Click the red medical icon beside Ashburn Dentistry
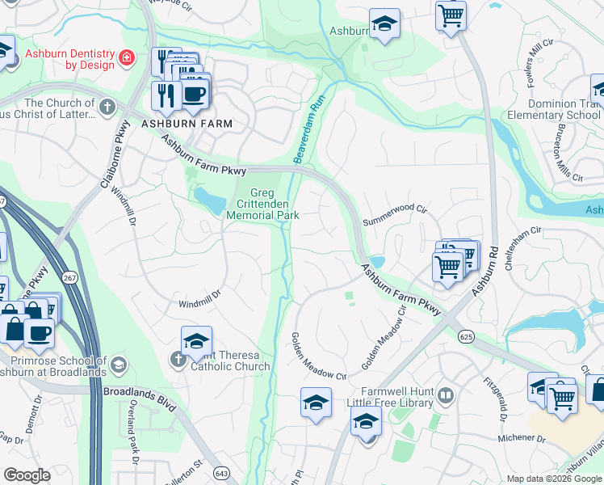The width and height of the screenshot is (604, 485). click(x=127, y=58)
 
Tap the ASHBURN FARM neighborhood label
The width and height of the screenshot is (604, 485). click(x=187, y=124)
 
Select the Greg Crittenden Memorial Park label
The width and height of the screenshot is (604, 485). click(x=262, y=204)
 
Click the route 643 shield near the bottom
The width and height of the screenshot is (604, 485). click(x=220, y=471)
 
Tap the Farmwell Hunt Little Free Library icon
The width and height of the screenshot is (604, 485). click(x=446, y=395)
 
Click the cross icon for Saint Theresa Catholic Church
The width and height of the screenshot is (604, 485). click(x=178, y=358)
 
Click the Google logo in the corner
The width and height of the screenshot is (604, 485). click(x=27, y=475)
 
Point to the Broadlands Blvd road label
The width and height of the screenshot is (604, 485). click(x=139, y=390)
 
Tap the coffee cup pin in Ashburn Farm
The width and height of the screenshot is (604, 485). click(x=193, y=93)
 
